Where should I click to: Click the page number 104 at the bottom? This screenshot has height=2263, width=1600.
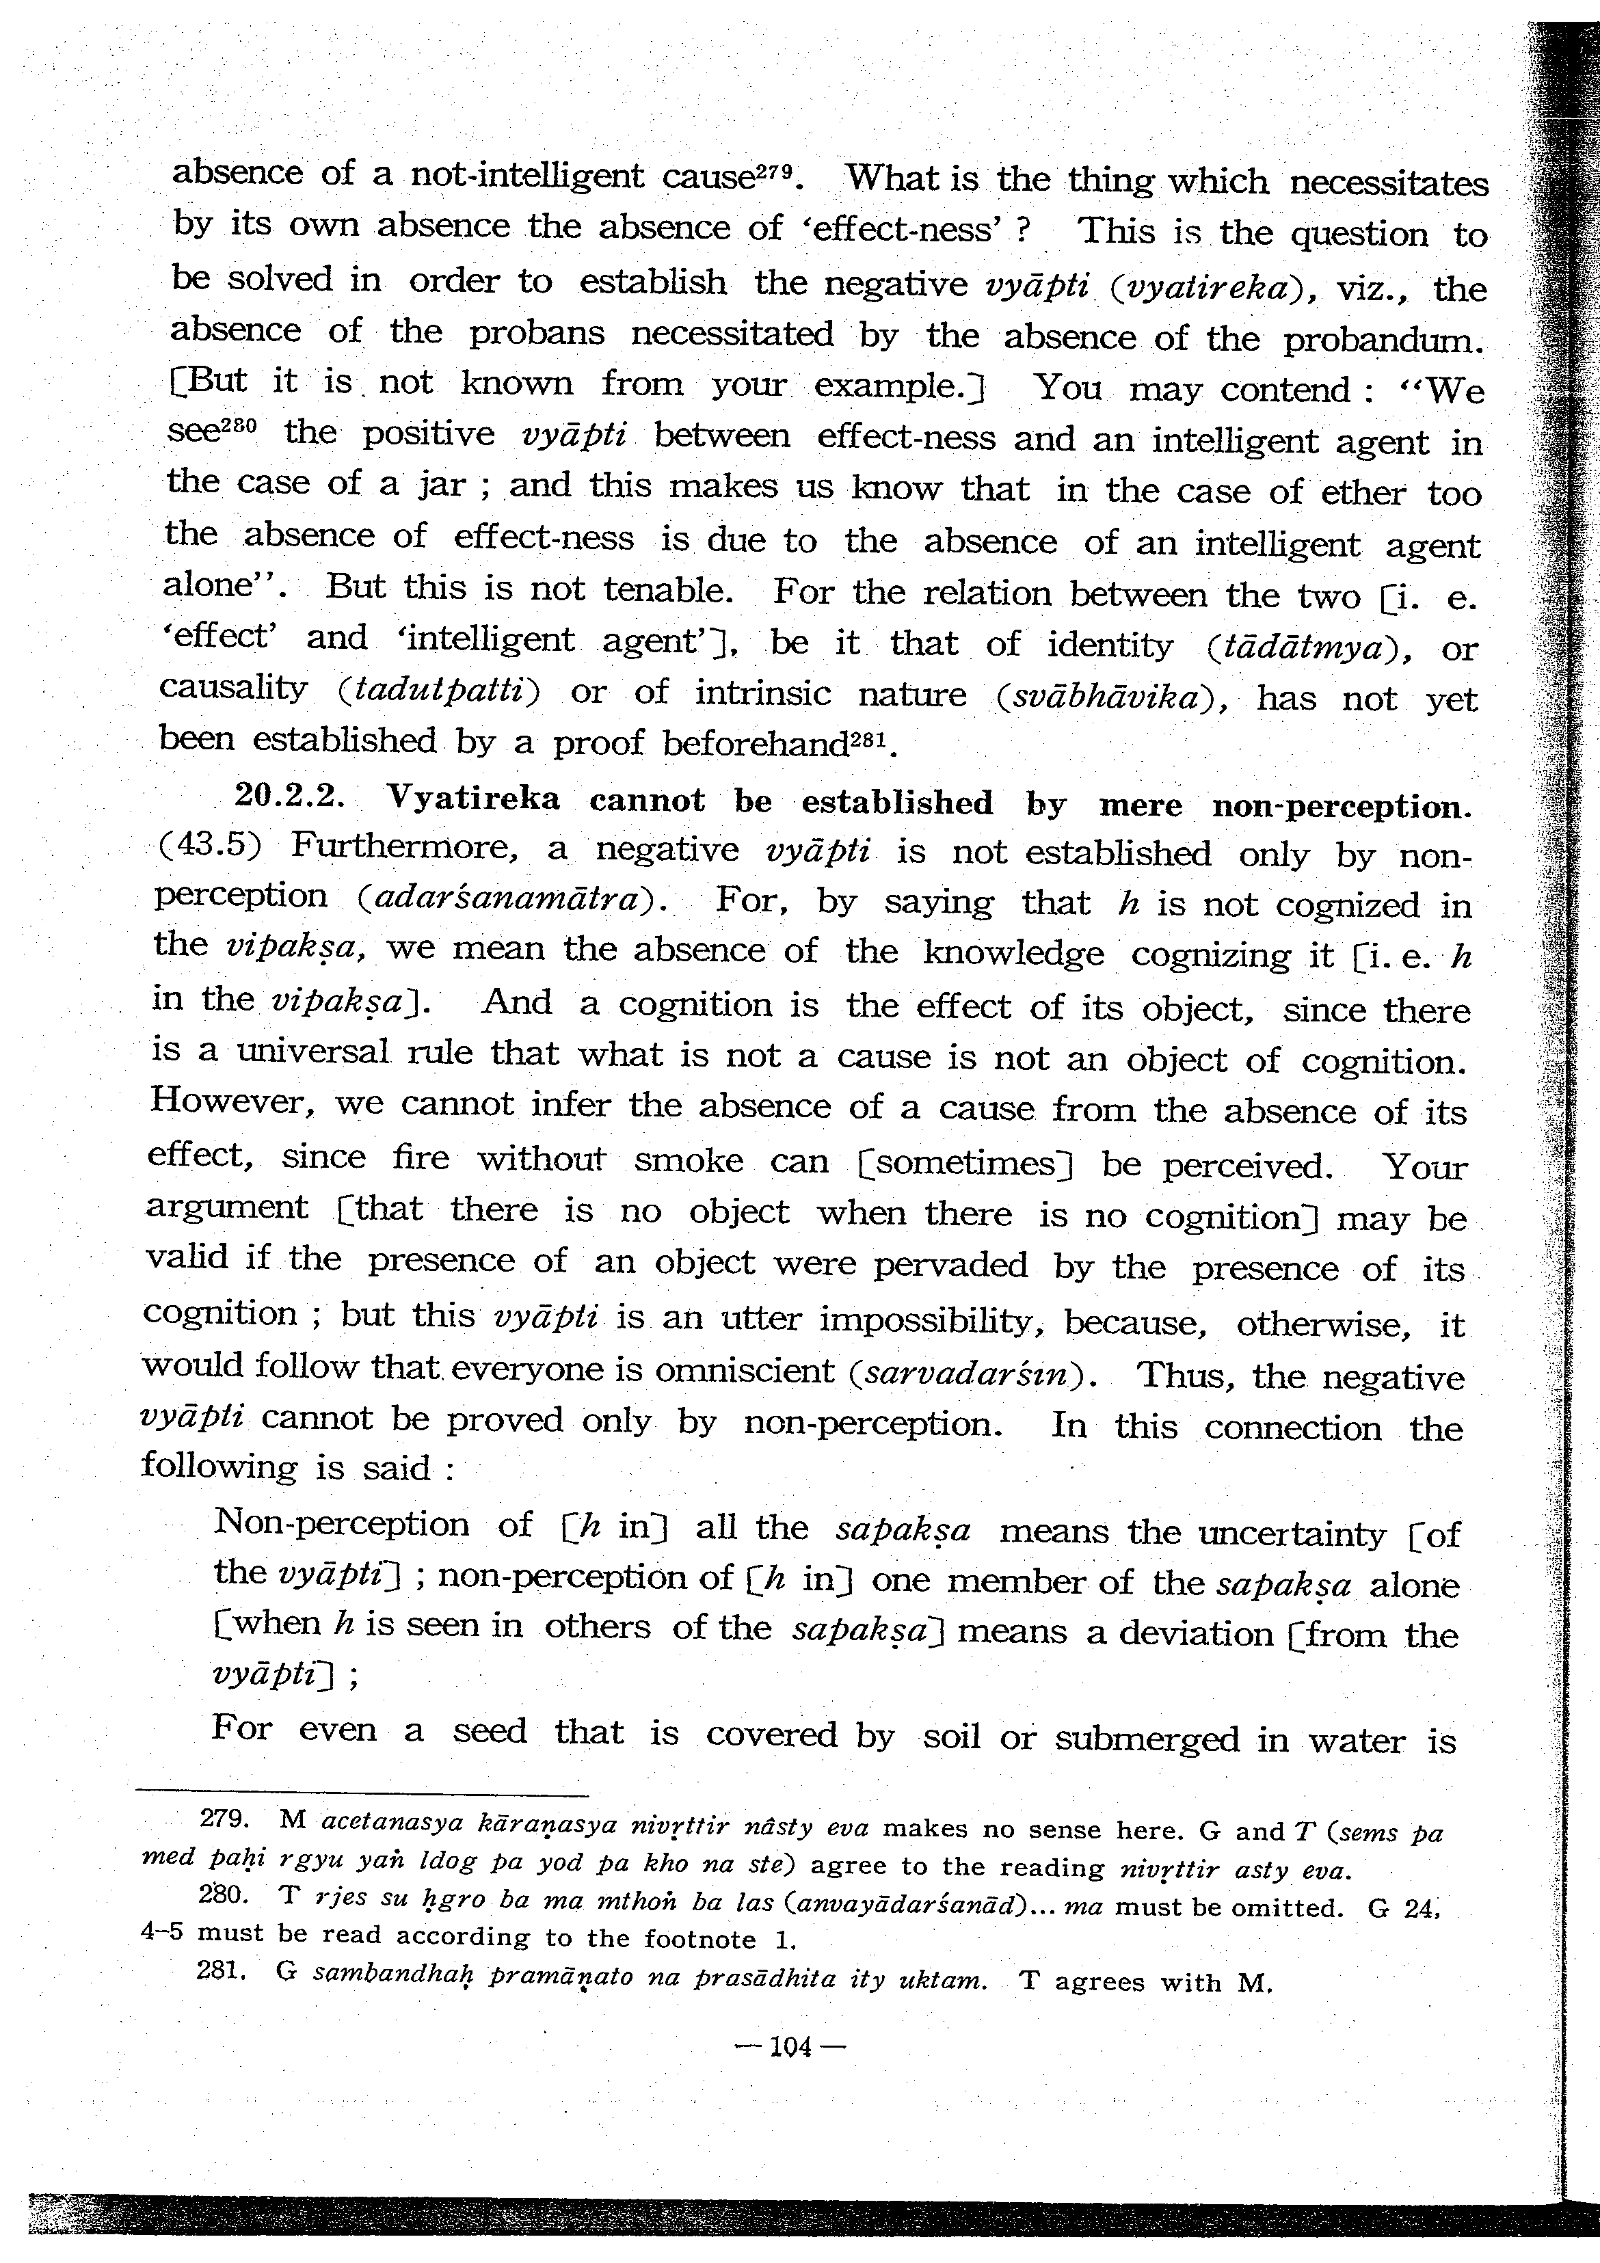pyautogui.click(x=790, y=2047)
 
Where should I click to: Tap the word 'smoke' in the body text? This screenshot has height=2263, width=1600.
pyautogui.click(x=688, y=1160)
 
